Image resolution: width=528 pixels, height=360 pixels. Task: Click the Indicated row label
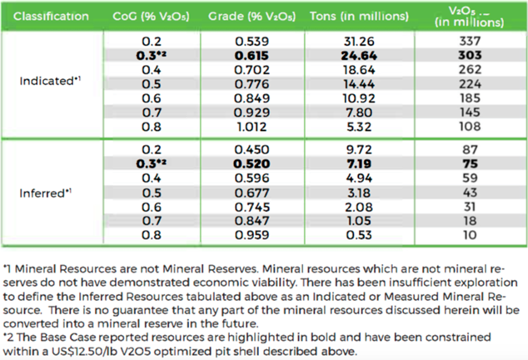(x=47, y=80)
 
